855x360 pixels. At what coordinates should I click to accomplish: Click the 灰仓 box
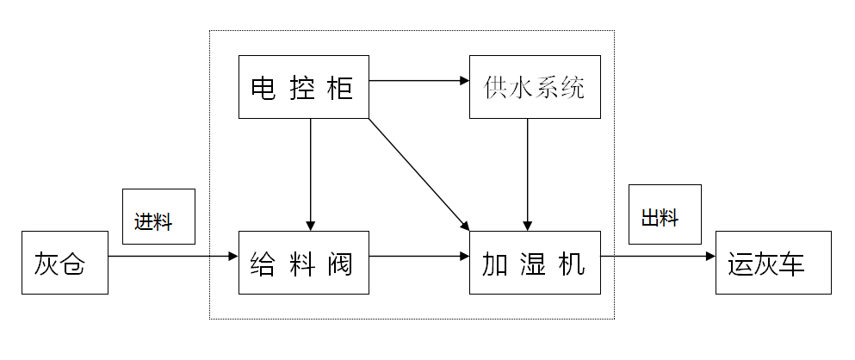click(65, 263)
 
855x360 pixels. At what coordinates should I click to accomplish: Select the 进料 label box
click(158, 215)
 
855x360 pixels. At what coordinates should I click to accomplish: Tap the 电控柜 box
click(303, 87)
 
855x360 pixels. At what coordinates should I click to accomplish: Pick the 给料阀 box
click(303, 263)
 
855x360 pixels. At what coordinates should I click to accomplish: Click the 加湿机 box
click(535, 263)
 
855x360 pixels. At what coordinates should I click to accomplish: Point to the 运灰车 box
click(773, 263)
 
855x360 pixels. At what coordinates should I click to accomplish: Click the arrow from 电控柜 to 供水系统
click(418, 81)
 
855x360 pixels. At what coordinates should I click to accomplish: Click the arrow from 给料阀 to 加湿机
click(418, 257)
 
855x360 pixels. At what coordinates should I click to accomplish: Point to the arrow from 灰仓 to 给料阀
click(172, 257)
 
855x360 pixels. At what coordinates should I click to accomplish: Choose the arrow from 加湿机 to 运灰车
click(658, 257)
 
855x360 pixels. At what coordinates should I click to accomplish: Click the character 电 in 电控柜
click(263, 88)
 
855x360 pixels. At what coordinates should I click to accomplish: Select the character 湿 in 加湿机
click(535, 264)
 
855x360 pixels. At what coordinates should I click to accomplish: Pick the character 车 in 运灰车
click(794, 264)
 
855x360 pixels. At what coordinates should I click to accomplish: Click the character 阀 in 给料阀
click(342, 264)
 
